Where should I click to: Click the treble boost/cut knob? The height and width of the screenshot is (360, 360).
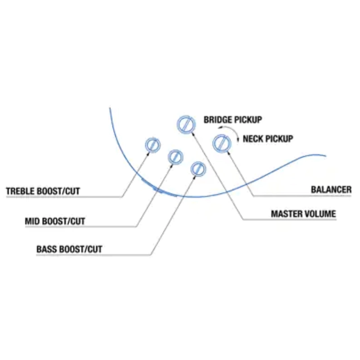(153, 145)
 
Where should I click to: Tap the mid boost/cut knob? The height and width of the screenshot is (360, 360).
(175, 157)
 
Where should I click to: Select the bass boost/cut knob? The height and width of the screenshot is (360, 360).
(198, 169)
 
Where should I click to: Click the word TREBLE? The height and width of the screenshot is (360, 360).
(21, 191)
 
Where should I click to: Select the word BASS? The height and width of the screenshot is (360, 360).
(46, 249)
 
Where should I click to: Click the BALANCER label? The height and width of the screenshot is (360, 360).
(331, 189)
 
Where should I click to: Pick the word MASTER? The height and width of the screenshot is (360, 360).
(287, 214)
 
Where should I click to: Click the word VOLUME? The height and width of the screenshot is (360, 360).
(320, 214)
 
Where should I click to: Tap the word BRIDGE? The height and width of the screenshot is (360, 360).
(218, 120)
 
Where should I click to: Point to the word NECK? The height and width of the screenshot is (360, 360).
(252, 139)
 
